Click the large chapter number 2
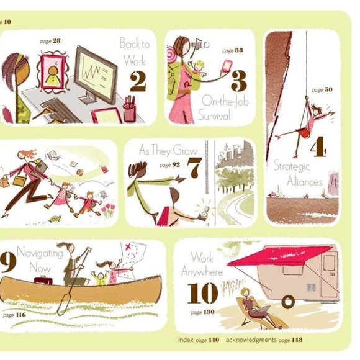pos(138,83)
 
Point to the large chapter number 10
pos(201,293)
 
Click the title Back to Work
pos(135,53)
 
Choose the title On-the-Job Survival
pos(223,107)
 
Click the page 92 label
pos(169,165)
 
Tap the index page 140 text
pos(199,340)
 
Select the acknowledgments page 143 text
pos(264,340)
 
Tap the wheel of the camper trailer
pos(287,302)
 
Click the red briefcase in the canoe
pos(43,282)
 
